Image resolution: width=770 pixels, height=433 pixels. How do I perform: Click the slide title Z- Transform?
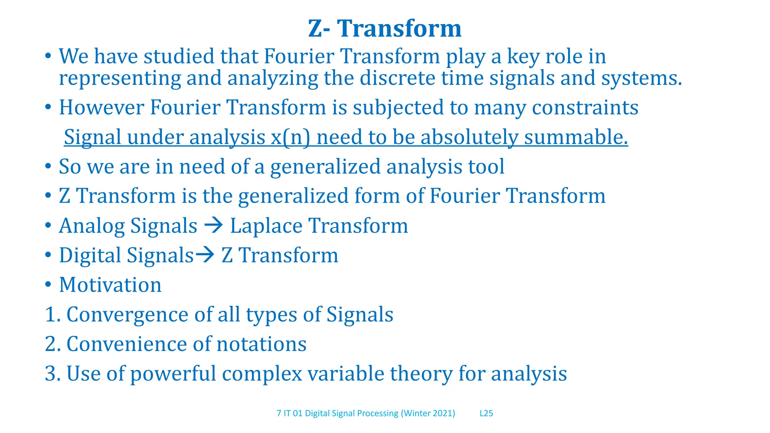pos(385,29)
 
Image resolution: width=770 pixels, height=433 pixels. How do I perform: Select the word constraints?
pos(585,107)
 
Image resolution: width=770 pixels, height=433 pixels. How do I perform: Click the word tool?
pos(486,167)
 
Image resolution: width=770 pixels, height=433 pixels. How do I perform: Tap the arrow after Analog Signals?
pos(214,226)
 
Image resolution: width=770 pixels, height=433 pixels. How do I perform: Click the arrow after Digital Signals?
pos(205,255)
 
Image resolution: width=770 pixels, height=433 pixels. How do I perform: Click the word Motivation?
pos(110,285)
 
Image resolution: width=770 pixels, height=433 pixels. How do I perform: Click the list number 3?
pos(51,374)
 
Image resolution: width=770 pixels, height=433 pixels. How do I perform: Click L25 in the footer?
pos(486,413)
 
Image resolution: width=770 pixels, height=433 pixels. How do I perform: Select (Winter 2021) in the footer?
pos(428,413)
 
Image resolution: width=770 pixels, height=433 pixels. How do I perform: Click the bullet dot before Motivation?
pos(48,285)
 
